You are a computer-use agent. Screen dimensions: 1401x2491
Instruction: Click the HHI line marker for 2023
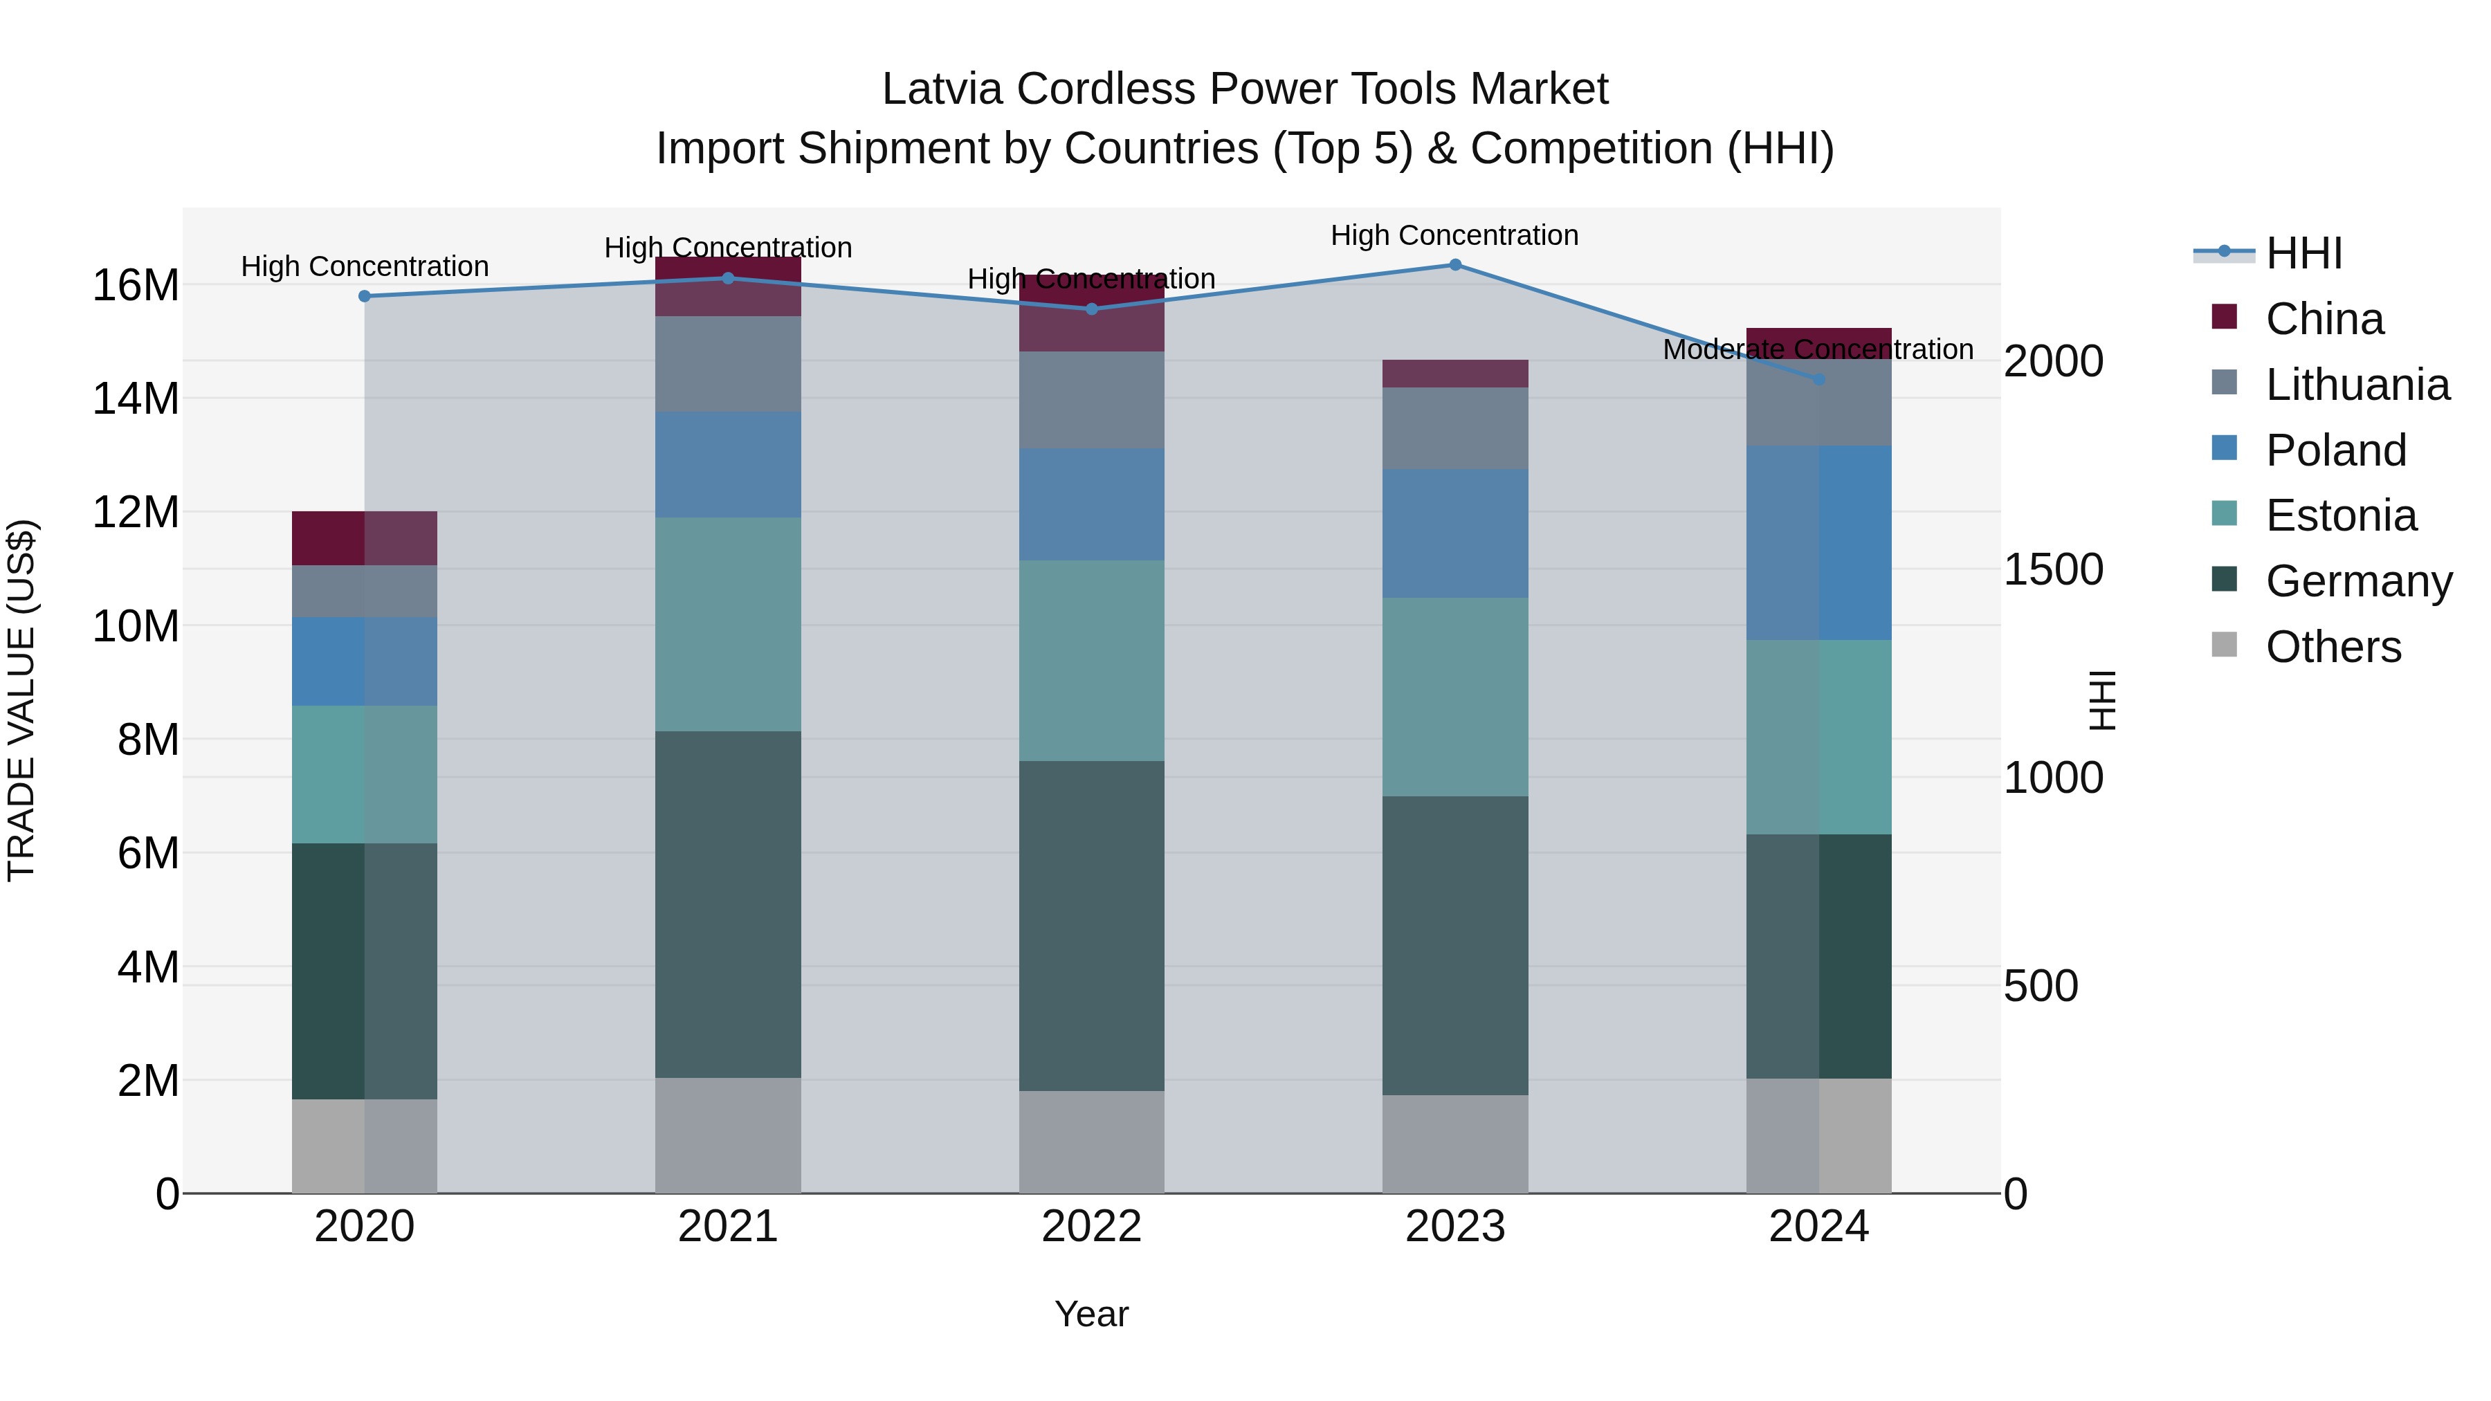tap(1454, 265)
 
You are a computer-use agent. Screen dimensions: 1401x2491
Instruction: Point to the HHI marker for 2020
tap(365, 297)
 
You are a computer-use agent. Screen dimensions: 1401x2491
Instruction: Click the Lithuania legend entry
tap(2357, 385)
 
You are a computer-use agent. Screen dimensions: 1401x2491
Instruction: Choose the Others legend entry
tap(2333, 647)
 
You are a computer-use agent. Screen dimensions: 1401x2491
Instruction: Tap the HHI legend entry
tap(2303, 253)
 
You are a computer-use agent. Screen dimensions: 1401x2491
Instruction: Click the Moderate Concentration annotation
tap(1817, 349)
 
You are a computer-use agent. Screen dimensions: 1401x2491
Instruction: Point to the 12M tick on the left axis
tap(136, 513)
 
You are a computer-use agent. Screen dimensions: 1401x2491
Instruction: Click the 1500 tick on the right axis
tap(2052, 569)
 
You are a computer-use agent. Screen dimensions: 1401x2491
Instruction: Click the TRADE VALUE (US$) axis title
tap(21, 700)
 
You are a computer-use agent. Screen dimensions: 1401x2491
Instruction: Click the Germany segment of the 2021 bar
tap(727, 904)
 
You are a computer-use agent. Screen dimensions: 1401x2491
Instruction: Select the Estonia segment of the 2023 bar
tap(1454, 697)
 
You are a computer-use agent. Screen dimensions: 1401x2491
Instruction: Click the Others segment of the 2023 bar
tap(1454, 1144)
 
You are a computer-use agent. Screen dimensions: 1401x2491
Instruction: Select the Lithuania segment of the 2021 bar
tap(727, 365)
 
